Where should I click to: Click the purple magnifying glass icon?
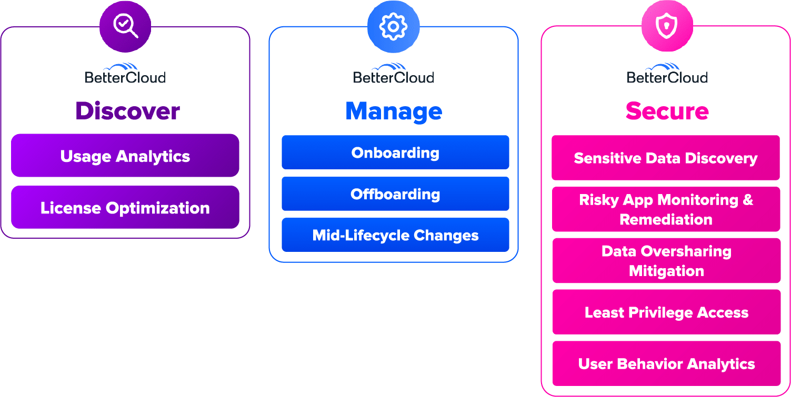[x=125, y=26]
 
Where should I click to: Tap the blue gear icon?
[x=393, y=26]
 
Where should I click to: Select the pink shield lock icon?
[x=667, y=26]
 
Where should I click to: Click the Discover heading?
[x=127, y=111]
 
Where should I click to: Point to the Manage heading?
[x=394, y=111]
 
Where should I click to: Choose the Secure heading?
[x=667, y=111]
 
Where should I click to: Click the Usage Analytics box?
[x=125, y=156]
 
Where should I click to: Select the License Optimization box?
[x=125, y=207]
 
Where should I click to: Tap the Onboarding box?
[x=395, y=152]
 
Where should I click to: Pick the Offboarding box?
[x=395, y=194]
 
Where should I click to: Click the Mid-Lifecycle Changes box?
[x=395, y=235]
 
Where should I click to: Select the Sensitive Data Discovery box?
[x=666, y=158]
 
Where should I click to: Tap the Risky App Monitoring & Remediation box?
[x=666, y=209]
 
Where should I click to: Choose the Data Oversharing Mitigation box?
[x=666, y=261]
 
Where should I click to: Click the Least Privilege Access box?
[x=666, y=312]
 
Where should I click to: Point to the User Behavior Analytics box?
[x=666, y=364]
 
